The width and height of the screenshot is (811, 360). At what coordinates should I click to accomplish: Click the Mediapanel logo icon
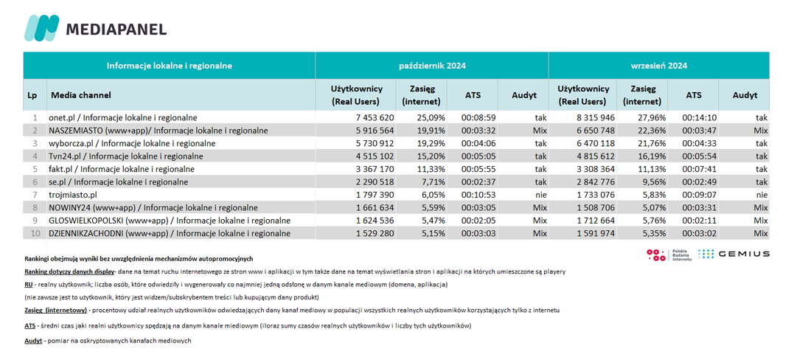(41, 28)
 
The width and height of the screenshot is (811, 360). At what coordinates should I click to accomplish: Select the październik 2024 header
(432, 66)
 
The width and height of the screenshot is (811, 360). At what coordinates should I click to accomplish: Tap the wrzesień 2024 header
(658, 66)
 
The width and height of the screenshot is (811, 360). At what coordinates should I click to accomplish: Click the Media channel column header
(80, 95)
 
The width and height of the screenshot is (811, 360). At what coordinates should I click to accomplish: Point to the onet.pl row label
(122, 117)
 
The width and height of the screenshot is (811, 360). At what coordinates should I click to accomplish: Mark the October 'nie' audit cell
(540, 195)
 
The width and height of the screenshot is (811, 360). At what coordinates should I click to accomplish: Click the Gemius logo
(734, 254)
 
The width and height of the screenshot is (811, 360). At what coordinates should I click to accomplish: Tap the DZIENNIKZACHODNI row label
(169, 234)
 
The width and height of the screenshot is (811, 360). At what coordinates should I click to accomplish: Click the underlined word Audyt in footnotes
(34, 341)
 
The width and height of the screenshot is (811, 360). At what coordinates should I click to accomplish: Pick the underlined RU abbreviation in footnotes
(29, 285)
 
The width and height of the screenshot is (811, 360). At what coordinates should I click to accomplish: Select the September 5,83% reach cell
(653, 195)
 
